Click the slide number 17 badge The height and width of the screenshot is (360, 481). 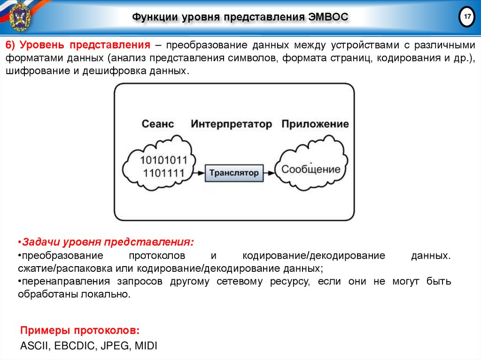point(467,17)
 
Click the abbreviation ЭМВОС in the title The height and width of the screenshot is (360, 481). point(328,17)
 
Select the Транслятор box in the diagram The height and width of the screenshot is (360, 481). point(233,173)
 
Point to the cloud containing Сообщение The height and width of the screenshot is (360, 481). point(310,169)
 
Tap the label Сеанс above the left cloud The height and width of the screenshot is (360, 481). point(158,124)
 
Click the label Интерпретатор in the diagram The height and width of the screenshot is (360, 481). point(231,124)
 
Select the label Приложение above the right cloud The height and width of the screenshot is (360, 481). point(315,124)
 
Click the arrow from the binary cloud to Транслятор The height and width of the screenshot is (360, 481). point(199,173)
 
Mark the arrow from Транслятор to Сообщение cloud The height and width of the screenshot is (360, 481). point(271,173)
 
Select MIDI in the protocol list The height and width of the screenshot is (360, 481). point(146,346)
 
